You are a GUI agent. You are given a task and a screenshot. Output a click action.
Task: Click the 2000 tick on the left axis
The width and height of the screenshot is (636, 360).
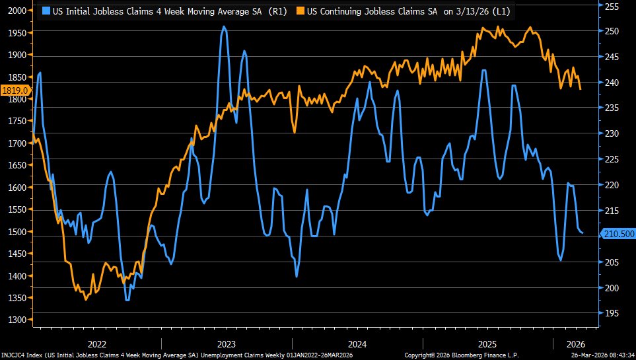click(x=16, y=11)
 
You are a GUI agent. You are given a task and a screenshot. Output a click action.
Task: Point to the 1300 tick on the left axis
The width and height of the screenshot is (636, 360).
click(x=16, y=320)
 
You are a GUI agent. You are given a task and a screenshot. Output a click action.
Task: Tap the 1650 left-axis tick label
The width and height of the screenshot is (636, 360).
click(x=16, y=165)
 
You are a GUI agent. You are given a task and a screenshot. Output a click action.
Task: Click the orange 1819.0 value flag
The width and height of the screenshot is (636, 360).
click(x=15, y=90)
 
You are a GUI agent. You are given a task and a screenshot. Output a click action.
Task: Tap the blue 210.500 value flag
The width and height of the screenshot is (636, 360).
click(x=618, y=234)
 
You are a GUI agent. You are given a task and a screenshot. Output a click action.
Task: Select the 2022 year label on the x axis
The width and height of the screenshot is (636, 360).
click(x=97, y=343)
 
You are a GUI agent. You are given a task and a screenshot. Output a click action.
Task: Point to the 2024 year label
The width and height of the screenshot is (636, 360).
click(x=357, y=343)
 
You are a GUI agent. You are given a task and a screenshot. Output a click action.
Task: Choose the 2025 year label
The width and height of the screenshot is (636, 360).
click(x=487, y=343)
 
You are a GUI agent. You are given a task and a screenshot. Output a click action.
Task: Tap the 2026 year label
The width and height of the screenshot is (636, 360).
click(x=576, y=343)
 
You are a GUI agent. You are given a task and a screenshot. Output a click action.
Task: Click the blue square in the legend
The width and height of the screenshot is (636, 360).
click(x=46, y=11)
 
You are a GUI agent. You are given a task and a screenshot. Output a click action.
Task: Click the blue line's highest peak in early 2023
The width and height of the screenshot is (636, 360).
click(x=225, y=27)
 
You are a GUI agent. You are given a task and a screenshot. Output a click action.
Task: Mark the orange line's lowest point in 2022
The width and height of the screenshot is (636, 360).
click(x=85, y=299)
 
